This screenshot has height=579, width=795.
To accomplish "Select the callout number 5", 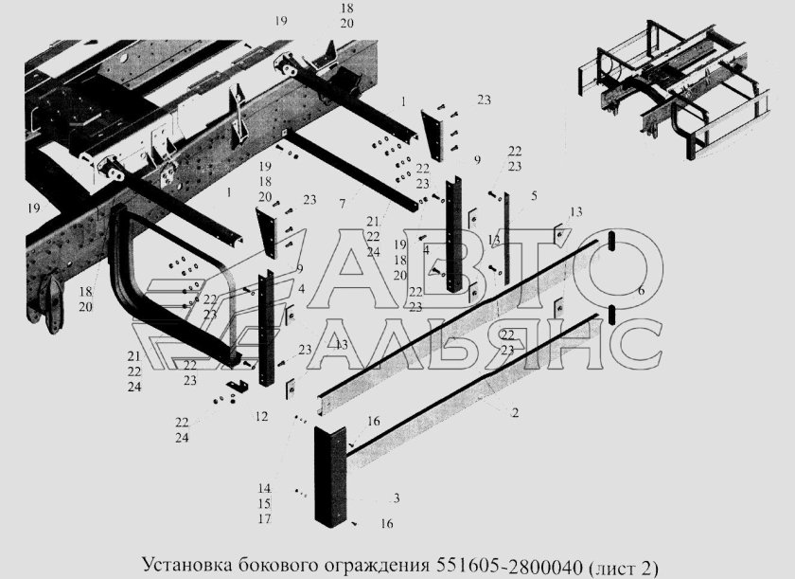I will [534, 196].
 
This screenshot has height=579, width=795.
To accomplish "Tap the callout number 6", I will [641, 291].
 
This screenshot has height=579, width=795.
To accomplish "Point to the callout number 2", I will [514, 413].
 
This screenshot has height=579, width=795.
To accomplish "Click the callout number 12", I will [261, 416].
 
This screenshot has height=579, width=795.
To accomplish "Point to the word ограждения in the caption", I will [373, 566].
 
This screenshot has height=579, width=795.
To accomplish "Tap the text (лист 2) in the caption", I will [623, 566].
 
